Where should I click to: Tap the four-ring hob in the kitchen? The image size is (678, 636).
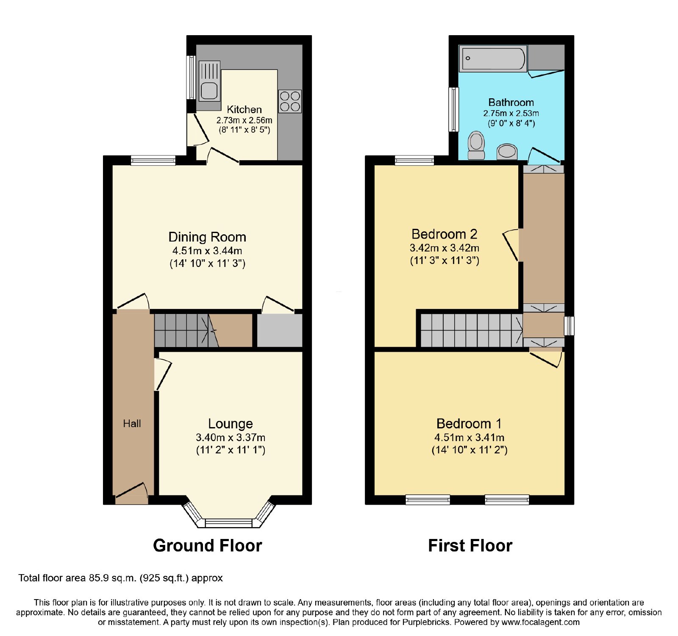pos(290,101)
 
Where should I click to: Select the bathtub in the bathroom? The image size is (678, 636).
pos(492,58)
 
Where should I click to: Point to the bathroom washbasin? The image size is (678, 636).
pos(507,152)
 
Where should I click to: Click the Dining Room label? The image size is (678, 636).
pos(207,237)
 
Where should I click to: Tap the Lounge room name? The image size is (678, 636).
pos(231,424)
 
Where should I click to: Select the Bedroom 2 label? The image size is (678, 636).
pos(445,234)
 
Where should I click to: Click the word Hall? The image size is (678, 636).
pos(132,424)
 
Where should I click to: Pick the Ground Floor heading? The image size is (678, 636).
pos(208,546)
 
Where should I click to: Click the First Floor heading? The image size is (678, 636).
pos(470,546)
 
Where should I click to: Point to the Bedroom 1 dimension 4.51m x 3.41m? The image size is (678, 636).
pos(470,438)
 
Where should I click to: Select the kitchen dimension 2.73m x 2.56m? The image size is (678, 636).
pos(245,120)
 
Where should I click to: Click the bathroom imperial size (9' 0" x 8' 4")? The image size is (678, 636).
pos(511,123)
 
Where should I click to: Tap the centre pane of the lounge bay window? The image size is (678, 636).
pos(229,523)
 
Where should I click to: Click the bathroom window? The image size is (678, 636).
pos(454,109)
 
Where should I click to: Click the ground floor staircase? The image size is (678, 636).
pos(186,330)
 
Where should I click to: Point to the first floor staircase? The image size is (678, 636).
pos(472,330)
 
